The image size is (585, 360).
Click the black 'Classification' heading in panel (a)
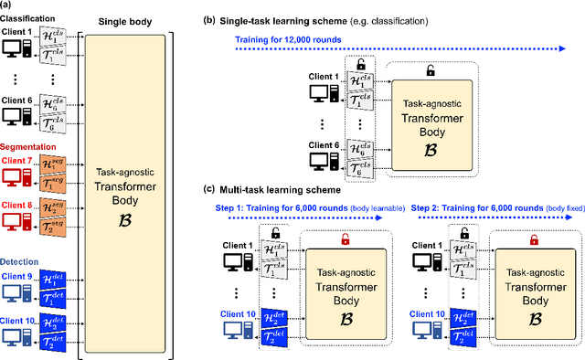(34, 17)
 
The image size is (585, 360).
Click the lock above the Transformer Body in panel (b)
(431, 69)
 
